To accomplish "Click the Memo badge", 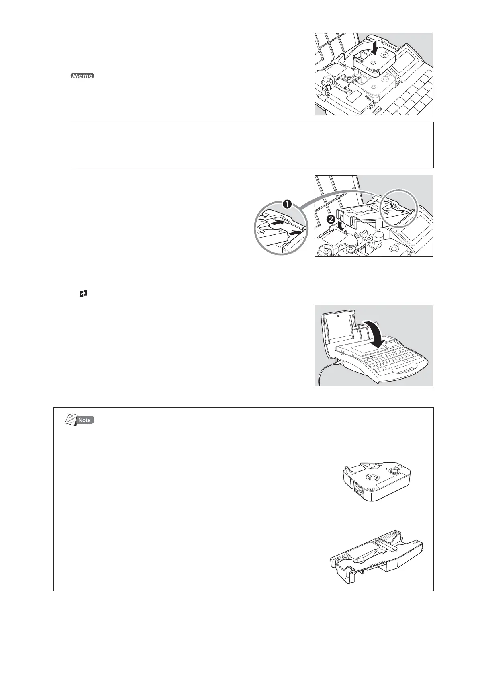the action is [x=82, y=76].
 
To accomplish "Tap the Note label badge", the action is [x=84, y=420].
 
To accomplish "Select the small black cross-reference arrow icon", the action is [x=83, y=294].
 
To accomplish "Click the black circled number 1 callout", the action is [x=287, y=204].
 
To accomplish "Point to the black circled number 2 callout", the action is [x=331, y=220].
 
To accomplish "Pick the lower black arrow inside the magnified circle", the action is [x=294, y=232].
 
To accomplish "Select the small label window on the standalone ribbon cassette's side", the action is [x=358, y=492].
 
